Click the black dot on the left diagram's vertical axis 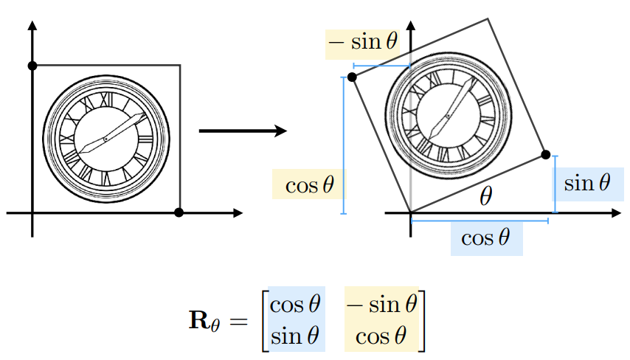32,66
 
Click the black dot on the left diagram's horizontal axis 179,213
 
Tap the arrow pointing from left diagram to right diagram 243,131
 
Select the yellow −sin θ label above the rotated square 363,42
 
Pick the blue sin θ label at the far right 588,183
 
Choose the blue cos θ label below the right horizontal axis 485,238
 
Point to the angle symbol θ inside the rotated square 485,195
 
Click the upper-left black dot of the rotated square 352,77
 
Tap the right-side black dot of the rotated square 545,154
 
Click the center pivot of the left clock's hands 105,138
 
